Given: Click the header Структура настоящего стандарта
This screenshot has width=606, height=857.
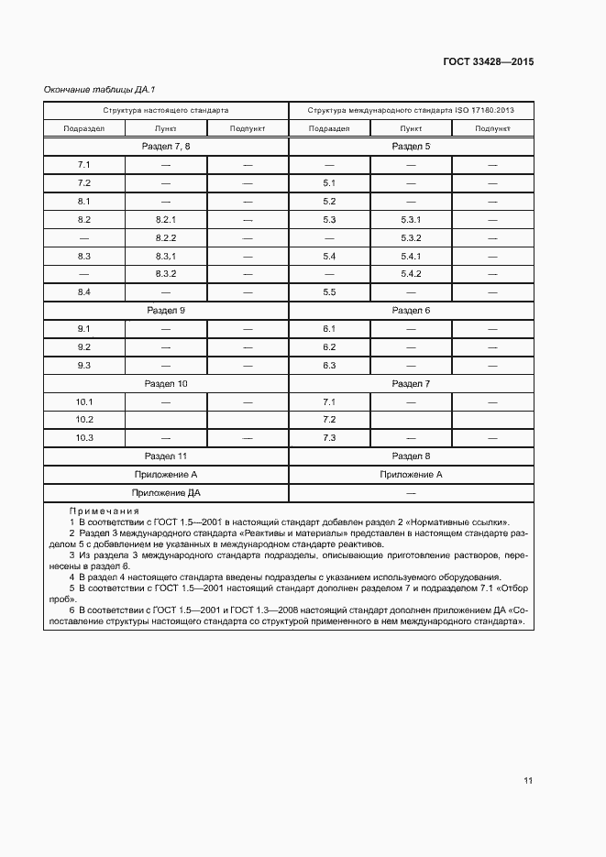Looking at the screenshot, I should tap(166, 109).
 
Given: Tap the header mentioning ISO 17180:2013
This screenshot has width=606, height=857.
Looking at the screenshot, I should tap(411, 109).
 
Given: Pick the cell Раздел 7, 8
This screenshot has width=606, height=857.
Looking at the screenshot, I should tap(166, 146).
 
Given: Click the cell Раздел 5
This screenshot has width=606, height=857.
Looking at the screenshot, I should tap(411, 146).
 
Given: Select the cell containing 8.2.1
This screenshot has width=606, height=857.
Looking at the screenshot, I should tap(166, 219).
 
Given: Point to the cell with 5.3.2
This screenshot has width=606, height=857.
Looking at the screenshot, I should tap(411, 237).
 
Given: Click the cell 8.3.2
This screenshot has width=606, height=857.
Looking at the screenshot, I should tap(166, 273).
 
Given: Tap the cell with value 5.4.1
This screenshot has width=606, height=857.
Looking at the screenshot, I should tap(411, 256).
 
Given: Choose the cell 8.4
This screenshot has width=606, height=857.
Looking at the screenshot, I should tap(83, 291).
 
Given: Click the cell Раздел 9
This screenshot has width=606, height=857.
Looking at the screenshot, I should tap(166, 310).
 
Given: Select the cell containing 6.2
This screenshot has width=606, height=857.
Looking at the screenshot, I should tap(330, 346).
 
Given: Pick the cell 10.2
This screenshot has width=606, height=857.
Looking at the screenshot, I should tap(84, 420).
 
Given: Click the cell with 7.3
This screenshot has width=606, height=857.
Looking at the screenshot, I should tap(330, 437).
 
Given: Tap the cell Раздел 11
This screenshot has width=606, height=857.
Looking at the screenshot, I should tap(166, 456).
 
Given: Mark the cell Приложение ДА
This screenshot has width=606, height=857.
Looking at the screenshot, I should tap(166, 492).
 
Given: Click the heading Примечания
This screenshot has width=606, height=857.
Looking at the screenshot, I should tap(104, 511).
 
